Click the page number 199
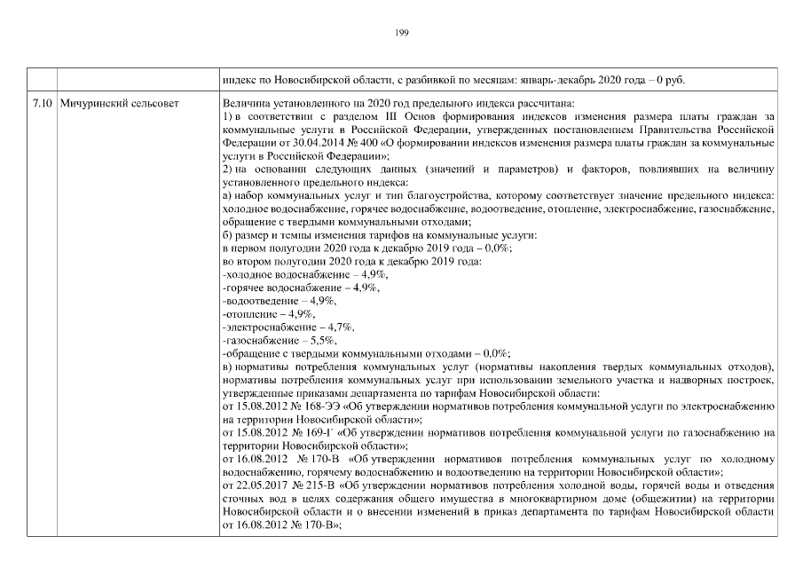pyautogui.click(x=401, y=33)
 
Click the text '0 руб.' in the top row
pyautogui.click(x=672, y=79)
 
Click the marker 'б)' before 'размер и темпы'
pyautogui.click(x=227, y=235)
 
